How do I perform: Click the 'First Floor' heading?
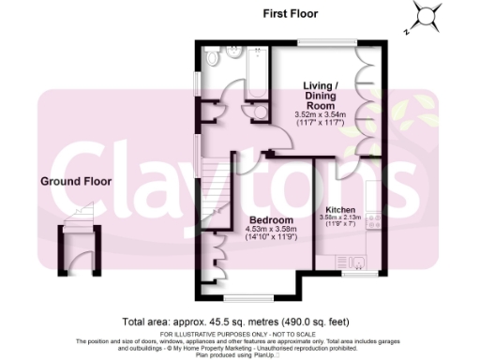pyautogui.click(x=290, y=14)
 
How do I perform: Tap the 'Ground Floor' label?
pyautogui.click(x=76, y=182)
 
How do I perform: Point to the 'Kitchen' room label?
pyautogui.click(x=339, y=210)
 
